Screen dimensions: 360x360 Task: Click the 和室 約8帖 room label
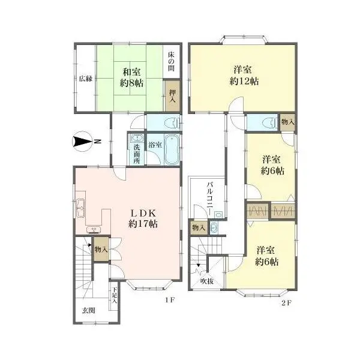click(x=132, y=77)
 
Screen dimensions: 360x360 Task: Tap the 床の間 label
click(x=171, y=61)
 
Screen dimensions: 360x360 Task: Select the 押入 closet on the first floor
click(x=172, y=96)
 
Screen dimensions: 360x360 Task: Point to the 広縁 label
click(x=86, y=79)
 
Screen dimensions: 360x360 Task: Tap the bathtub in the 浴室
click(x=172, y=149)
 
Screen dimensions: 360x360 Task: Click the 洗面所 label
click(x=137, y=154)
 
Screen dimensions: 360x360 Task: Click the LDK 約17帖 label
click(x=143, y=218)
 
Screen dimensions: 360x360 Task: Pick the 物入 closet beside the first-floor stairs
click(x=101, y=249)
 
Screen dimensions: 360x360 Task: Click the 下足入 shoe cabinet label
click(x=115, y=295)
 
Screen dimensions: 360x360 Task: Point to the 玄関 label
click(x=89, y=310)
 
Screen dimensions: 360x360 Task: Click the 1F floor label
click(x=170, y=300)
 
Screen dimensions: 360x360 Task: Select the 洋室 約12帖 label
click(x=244, y=76)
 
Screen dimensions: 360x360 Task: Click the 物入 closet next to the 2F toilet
click(x=287, y=122)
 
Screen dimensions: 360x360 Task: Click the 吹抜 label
click(x=207, y=281)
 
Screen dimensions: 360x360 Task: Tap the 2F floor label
click(x=286, y=303)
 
